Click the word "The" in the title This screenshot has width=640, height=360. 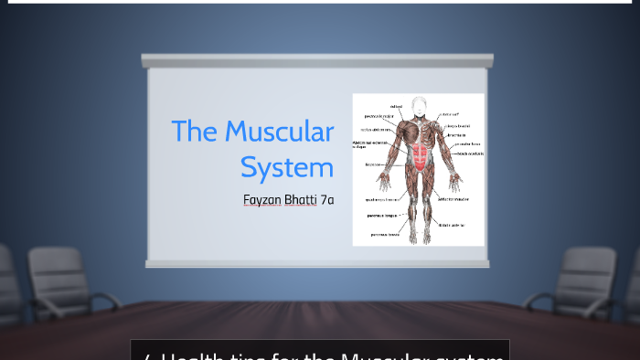pyautogui.click(x=192, y=132)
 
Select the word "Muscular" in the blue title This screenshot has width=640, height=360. pyautogui.click(x=280, y=132)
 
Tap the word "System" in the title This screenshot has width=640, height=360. pyautogui.click(x=287, y=167)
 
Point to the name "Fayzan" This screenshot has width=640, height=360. pyautogui.click(x=261, y=199)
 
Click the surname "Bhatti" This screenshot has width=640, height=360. pyautogui.click(x=300, y=199)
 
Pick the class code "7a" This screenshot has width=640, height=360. pyautogui.click(x=327, y=199)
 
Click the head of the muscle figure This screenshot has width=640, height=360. pyautogui.click(x=420, y=104)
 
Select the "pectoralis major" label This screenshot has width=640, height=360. pyautogui.click(x=379, y=117)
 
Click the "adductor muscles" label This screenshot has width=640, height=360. pyautogui.click(x=454, y=198)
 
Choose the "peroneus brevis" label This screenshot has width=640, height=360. pyautogui.click(x=384, y=234)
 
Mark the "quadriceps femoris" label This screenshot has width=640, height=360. pyautogui.click(x=380, y=198)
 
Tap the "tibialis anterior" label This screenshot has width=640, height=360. pyautogui.click(x=453, y=224)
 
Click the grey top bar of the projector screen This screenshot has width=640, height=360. pyautogui.click(x=317, y=60)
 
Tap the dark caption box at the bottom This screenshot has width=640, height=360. pyautogui.click(x=320, y=351)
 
